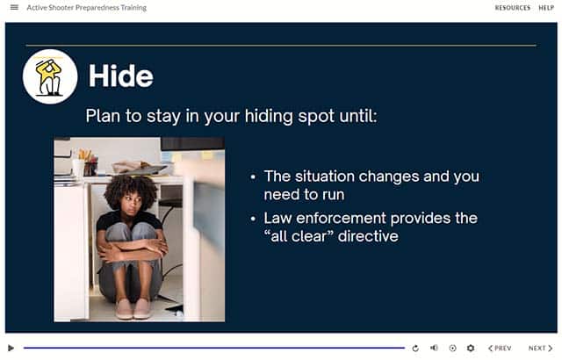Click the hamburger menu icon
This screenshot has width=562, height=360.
(x=14, y=7)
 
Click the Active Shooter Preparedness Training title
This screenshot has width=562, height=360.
(x=87, y=8)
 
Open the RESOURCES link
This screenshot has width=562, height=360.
(x=513, y=8)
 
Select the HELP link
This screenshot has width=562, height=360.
(x=546, y=8)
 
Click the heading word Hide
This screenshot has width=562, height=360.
(x=121, y=76)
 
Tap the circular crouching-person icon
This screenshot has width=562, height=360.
(x=50, y=76)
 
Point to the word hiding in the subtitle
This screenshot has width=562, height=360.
(x=269, y=117)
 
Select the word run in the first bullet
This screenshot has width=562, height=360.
(x=334, y=196)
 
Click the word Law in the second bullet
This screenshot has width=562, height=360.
(x=277, y=218)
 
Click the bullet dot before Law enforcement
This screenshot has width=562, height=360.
(x=254, y=219)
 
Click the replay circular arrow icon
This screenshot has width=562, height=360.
(x=415, y=349)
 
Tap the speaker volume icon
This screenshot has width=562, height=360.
(x=434, y=348)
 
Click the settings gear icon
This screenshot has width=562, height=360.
(x=471, y=349)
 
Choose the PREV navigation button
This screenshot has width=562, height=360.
(x=500, y=349)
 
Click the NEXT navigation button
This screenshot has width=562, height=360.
(x=541, y=349)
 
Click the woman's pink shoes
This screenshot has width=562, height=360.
(x=133, y=309)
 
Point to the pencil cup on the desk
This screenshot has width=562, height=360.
(x=90, y=168)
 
